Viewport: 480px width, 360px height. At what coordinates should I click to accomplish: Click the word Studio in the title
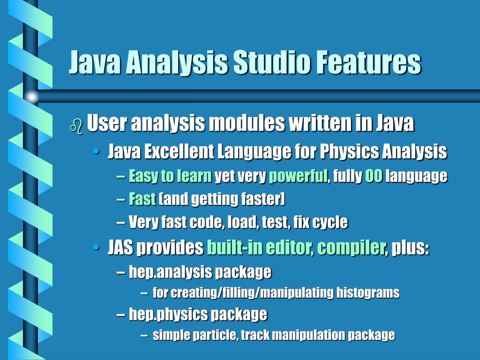tap(271, 62)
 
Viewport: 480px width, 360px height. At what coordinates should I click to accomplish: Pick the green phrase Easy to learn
tap(170, 176)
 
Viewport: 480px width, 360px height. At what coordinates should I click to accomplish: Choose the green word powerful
tap(298, 176)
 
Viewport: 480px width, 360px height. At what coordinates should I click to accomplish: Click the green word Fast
tap(142, 199)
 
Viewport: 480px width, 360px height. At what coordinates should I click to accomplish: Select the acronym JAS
tap(120, 247)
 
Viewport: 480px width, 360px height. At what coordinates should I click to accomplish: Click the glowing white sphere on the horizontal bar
tap(32, 97)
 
